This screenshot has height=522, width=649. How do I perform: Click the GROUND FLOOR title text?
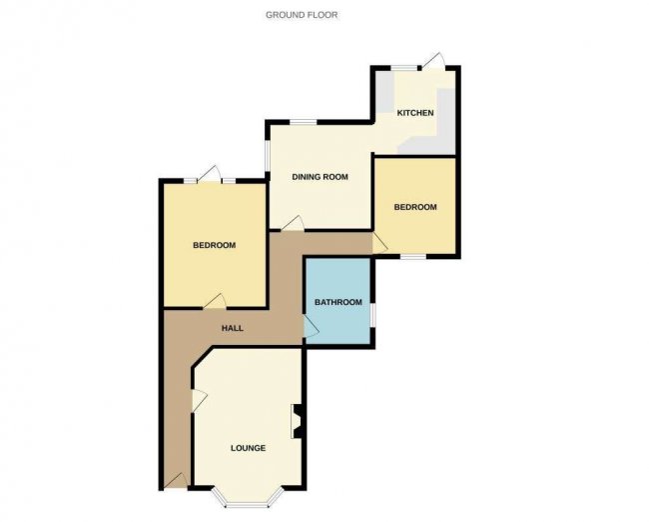(302, 15)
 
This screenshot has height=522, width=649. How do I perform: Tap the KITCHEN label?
(415, 113)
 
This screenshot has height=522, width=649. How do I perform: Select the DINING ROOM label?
(320, 177)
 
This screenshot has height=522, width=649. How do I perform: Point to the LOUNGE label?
(248, 448)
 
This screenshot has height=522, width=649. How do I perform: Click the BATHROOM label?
(338, 302)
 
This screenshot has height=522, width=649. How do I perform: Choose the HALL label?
(233, 328)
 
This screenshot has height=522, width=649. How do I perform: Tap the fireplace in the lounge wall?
(298, 421)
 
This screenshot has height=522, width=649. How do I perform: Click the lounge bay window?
(249, 498)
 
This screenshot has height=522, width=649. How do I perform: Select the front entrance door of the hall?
(176, 481)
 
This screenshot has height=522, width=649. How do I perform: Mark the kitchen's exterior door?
(433, 61)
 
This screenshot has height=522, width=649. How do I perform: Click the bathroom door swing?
(312, 327)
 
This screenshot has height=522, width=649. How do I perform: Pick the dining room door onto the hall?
(293, 223)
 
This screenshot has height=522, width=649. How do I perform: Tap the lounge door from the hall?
(199, 401)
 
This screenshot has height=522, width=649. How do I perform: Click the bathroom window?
(372, 315)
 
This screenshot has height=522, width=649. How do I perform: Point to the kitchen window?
(404, 68)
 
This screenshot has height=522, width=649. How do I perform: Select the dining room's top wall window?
(303, 122)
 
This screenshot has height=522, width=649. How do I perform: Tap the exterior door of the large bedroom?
(210, 175)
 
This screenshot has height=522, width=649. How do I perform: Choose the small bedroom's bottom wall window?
(413, 257)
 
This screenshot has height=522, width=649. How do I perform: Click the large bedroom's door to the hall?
(215, 301)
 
